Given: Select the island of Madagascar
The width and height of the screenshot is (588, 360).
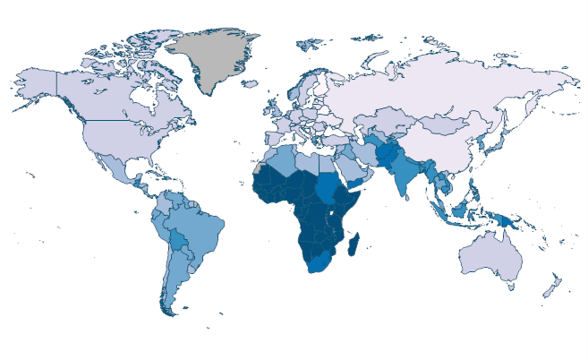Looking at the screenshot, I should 355,244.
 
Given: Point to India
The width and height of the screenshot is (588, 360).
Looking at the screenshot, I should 408,179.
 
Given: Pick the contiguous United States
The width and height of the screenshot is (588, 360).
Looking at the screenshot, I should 116,134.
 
